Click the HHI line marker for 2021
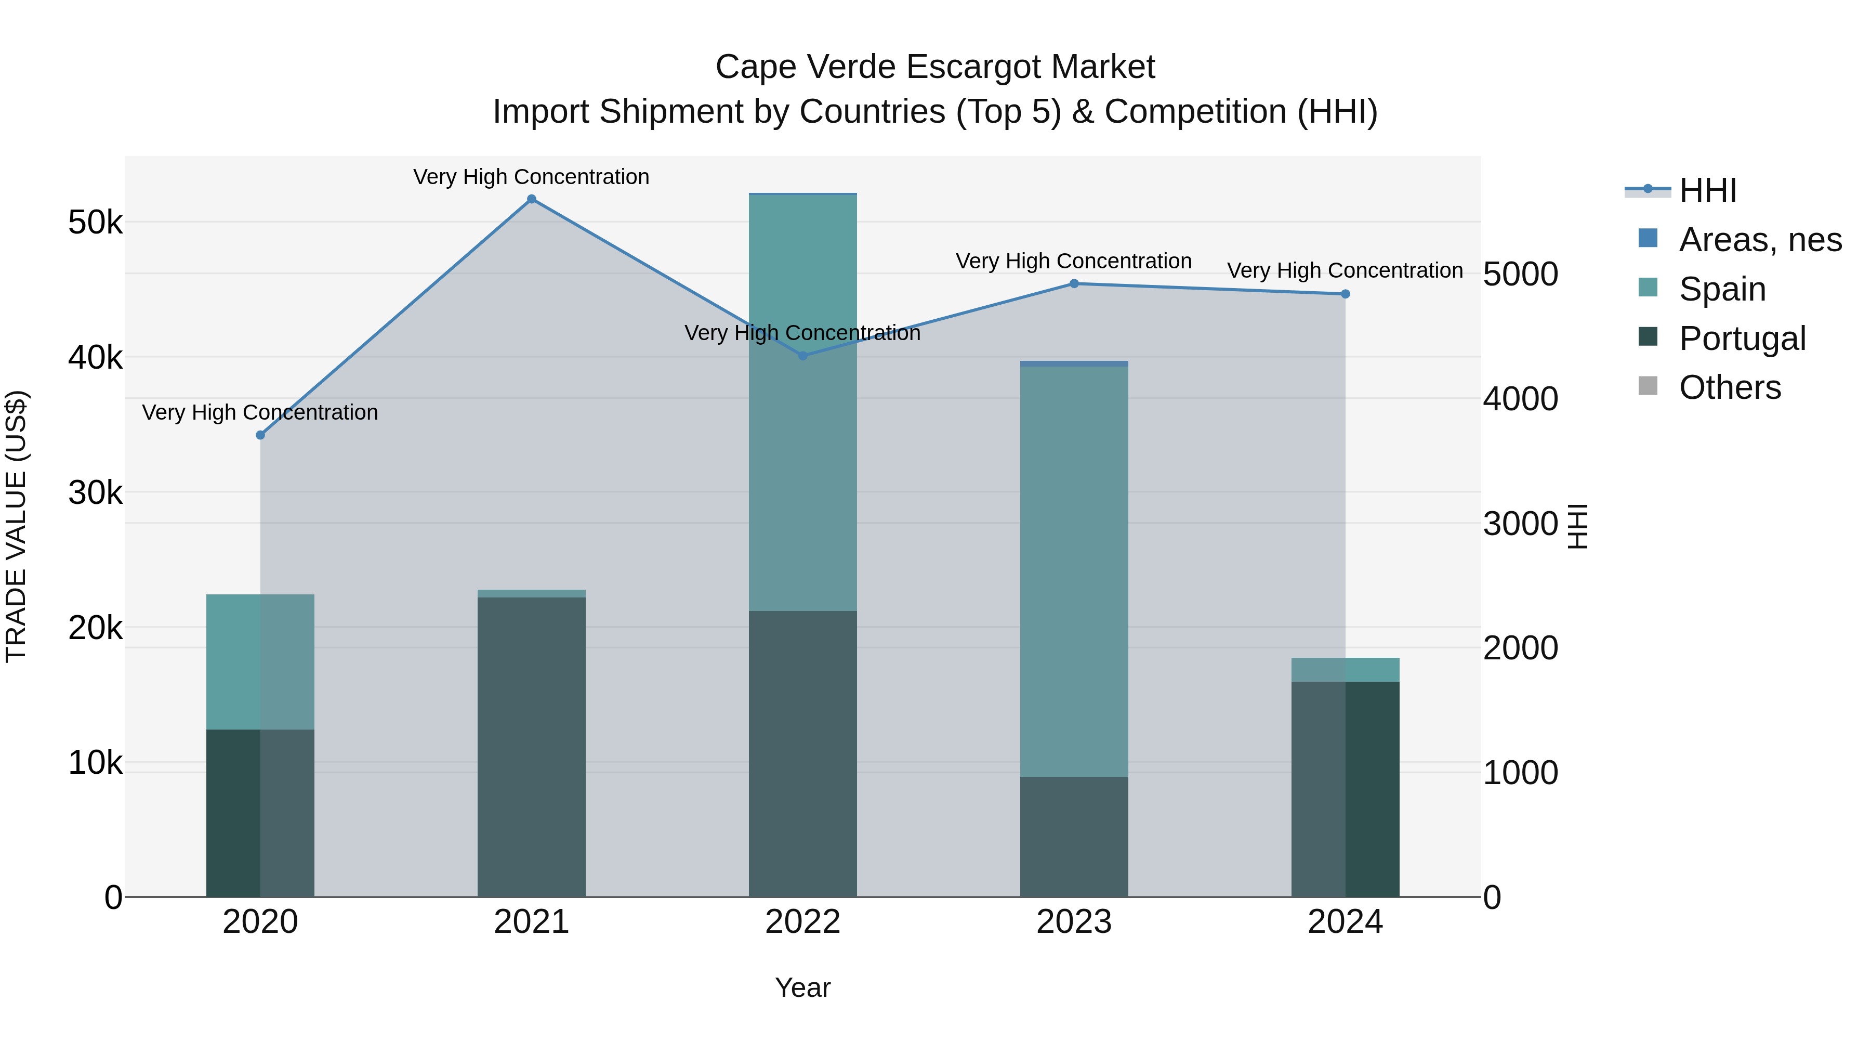tap(532, 199)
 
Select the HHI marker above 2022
tap(802, 355)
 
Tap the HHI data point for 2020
tap(261, 435)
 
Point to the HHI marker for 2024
tap(1345, 294)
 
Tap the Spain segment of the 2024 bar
tap(1345, 669)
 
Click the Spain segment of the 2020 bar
tap(261, 661)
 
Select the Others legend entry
tap(1729, 387)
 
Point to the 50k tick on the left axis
tap(95, 223)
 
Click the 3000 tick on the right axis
tap(1520, 523)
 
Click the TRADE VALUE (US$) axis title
tap(16, 526)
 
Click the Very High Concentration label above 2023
tap(1074, 261)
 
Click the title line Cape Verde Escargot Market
tap(935, 67)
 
